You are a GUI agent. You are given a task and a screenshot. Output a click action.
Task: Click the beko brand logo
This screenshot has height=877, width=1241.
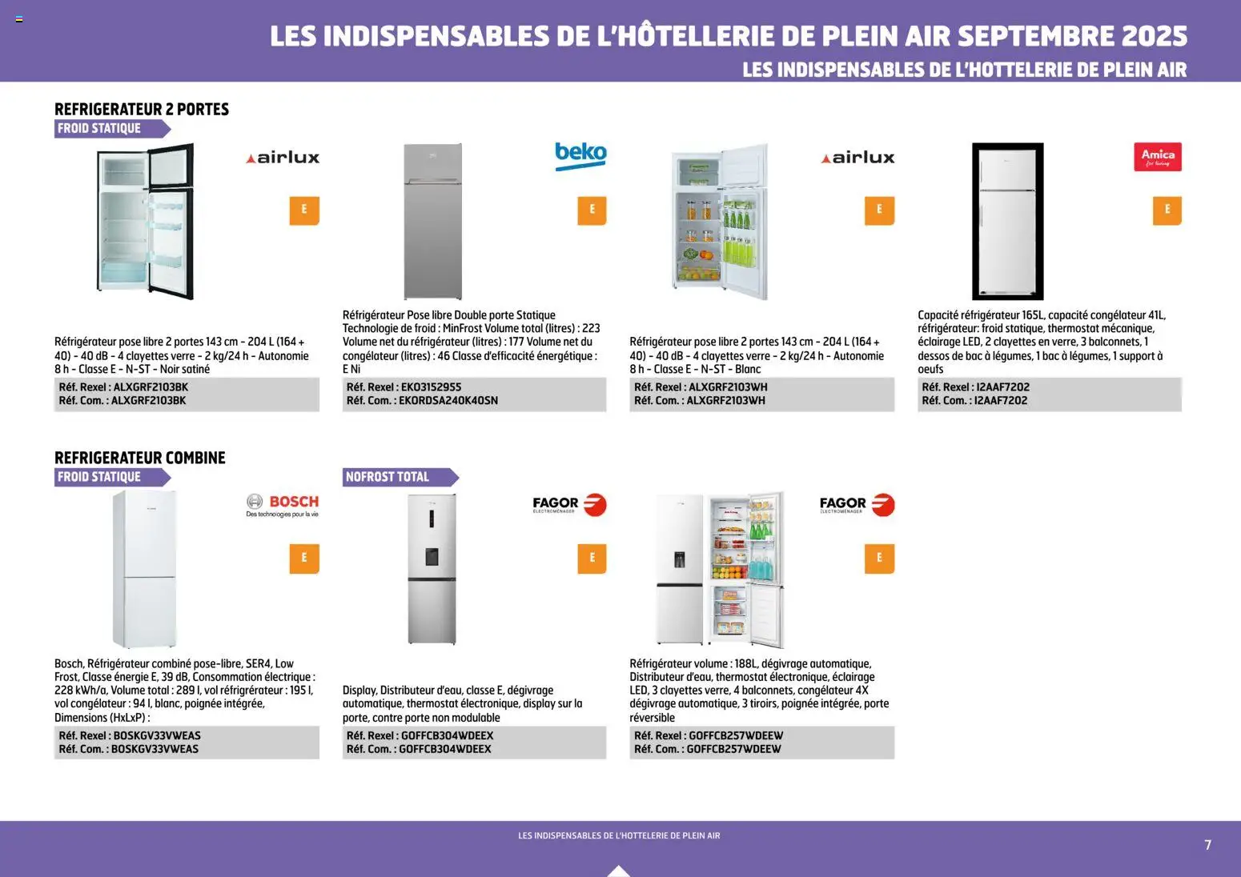[x=580, y=155]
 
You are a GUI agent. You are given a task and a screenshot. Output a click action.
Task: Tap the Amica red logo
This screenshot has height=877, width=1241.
[x=1157, y=157]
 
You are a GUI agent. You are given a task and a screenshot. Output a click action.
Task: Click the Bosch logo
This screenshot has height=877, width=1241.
[x=283, y=505]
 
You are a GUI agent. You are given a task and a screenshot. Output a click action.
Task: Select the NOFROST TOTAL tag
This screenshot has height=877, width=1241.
[x=397, y=477]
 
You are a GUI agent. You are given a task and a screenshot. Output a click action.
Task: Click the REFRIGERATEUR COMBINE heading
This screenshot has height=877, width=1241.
[x=140, y=458]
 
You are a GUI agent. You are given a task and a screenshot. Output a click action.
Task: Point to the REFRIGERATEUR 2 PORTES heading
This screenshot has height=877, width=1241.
[x=142, y=110]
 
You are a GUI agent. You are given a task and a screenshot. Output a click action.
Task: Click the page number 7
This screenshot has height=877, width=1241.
[x=1207, y=845]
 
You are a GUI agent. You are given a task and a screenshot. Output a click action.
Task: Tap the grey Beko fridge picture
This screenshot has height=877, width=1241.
[x=432, y=222]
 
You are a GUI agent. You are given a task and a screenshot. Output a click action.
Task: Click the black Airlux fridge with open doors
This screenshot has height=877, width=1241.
[x=146, y=221]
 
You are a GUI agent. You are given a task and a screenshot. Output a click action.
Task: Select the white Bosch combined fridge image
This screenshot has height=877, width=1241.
[x=144, y=569]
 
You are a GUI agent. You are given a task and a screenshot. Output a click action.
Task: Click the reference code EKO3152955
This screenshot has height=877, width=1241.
[x=431, y=387]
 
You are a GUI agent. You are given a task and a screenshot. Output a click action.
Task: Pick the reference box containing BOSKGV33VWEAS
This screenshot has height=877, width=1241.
[x=187, y=743]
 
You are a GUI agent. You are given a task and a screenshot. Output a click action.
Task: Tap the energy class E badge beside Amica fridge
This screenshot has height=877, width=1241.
[x=1167, y=210]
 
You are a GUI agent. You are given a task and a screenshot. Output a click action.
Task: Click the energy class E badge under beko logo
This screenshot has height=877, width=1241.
[x=592, y=210]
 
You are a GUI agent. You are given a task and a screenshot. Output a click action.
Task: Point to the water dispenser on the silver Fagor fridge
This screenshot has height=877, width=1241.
[x=432, y=556]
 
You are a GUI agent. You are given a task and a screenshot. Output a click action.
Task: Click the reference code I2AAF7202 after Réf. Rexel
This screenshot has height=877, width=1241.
[x=1002, y=387]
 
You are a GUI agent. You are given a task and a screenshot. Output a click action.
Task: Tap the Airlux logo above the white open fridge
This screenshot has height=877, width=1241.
[x=857, y=158]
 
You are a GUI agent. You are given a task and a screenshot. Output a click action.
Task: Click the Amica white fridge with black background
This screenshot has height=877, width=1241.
[x=1007, y=222]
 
